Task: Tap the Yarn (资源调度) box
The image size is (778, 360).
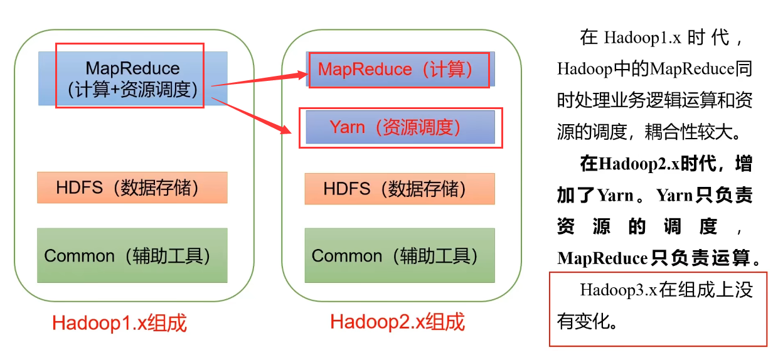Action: point(400,127)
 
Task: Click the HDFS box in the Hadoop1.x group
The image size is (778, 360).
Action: point(132,188)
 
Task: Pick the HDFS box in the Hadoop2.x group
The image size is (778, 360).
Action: point(400,189)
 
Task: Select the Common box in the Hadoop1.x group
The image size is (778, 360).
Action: point(132,255)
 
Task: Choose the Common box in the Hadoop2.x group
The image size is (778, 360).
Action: point(400,255)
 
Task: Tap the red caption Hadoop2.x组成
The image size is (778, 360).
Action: point(397,322)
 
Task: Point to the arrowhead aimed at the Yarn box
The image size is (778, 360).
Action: point(287,130)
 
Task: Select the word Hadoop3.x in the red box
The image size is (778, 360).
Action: point(618,290)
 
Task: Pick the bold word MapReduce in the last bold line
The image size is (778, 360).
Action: point(602,258)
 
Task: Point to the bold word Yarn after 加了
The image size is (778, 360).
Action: point(615,195)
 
